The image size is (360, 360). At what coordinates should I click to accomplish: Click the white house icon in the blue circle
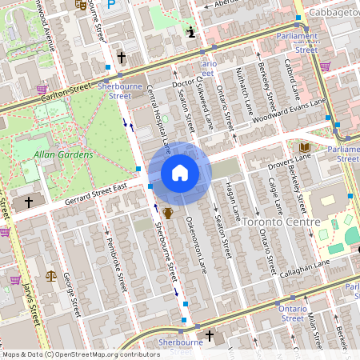pos(180,173)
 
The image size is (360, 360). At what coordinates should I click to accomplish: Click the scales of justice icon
pos(52,275)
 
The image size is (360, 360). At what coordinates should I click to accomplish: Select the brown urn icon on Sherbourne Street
pos(168,213)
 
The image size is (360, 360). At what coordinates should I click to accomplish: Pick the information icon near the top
pos(191,32)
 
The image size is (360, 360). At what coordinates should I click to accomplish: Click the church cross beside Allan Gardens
pos(29,202)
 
